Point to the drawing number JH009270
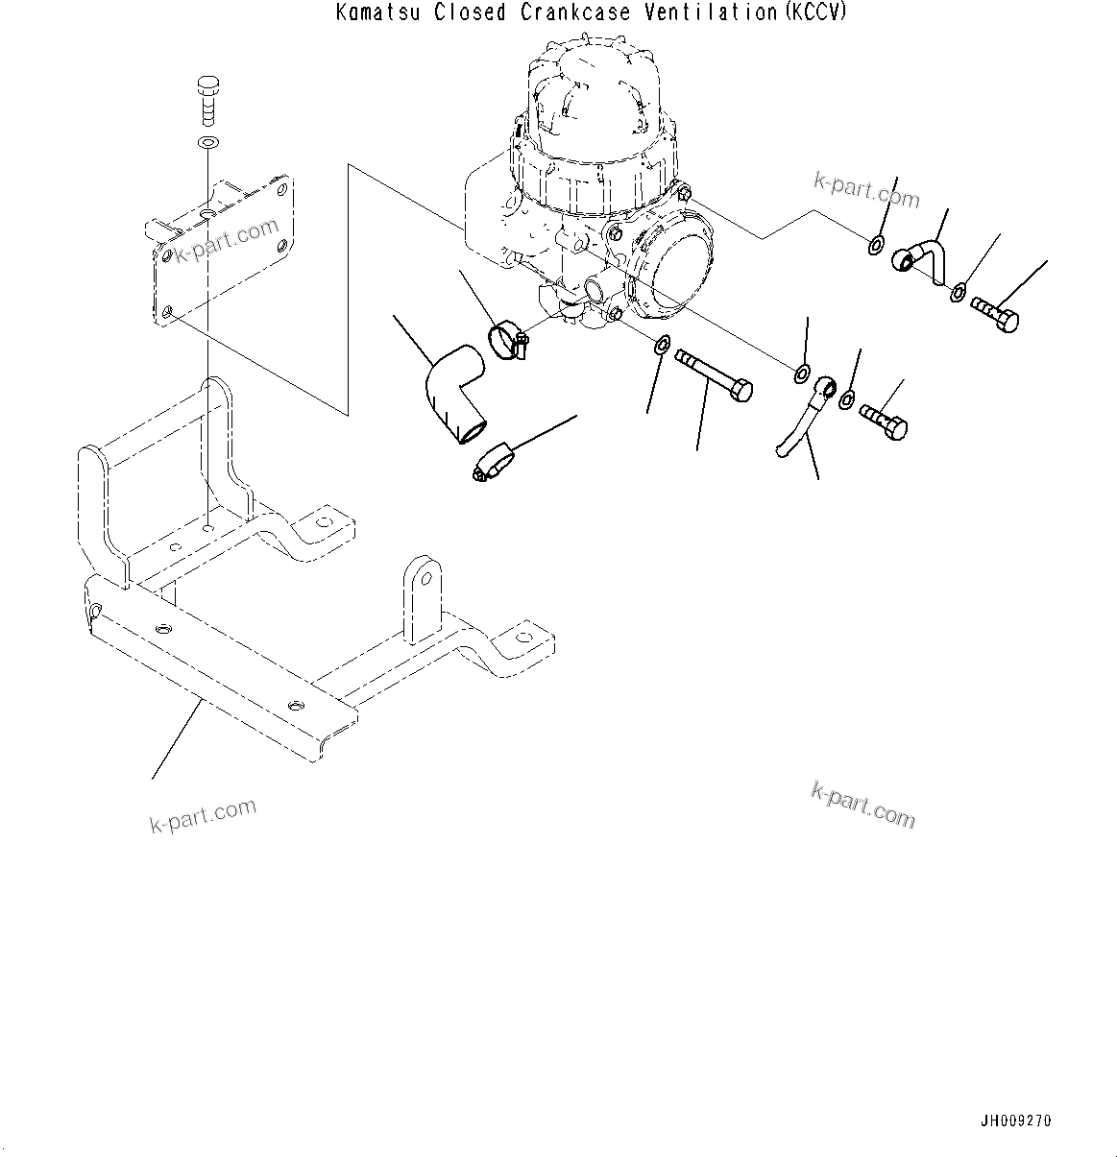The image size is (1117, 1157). coord(1016,1121)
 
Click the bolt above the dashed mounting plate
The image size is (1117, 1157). coord(207,99)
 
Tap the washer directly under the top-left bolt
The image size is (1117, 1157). coord(207,143)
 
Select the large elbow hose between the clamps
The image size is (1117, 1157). coord(456,394)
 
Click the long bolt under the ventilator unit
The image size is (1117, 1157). coord(716,376)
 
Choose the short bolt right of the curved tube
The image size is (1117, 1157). coord(884,421)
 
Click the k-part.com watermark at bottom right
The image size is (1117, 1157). coord(862,804)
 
